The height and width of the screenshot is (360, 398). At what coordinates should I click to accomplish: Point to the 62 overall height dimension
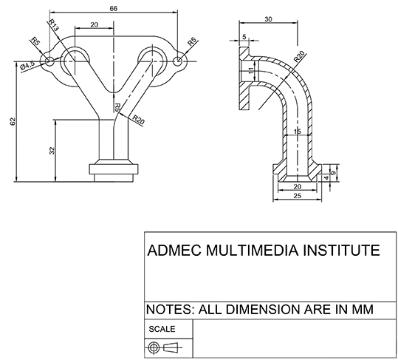[x=13, y=121]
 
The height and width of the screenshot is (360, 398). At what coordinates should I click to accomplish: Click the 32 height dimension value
[x=52, y=150]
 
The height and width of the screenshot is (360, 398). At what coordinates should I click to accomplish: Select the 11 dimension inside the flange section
[x=251, y=70]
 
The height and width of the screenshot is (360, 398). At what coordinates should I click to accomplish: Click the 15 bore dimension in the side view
[x=297, y=132]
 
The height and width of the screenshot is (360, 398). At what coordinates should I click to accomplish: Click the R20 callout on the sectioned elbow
[x=299, y=57]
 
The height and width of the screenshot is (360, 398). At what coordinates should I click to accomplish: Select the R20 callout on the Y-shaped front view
[x=138, y=120]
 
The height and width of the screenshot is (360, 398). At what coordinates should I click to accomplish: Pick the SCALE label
[x=162, y=329]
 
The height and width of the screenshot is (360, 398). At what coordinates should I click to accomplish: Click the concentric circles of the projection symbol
[x=154, y=347]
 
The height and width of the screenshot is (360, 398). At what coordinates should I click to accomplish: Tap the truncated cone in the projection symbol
[x=171, y=347]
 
